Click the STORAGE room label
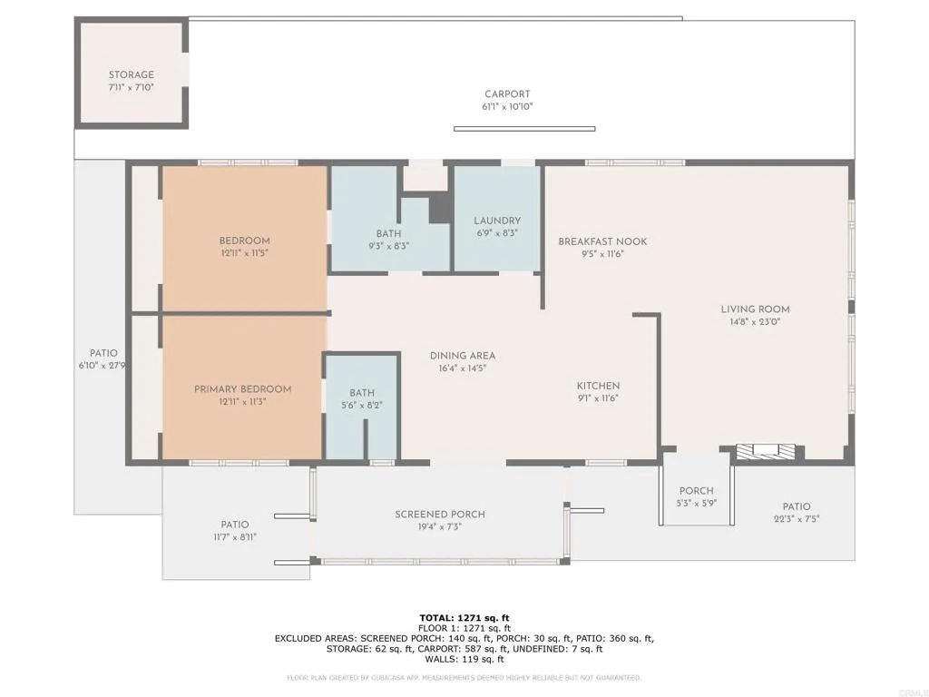click(132, 75)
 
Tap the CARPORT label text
click(507, 94)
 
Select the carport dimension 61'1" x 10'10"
click(507, 106)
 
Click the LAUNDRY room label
click(497, 221)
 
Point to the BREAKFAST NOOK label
click(602, 241)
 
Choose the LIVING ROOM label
click(755, 309)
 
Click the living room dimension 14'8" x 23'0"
click(755, 321)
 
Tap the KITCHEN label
click(599, 386)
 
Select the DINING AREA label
click(463, 356)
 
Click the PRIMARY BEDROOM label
click(243, 389)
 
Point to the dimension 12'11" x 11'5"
click(244, 253)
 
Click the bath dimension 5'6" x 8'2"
click(362, 406)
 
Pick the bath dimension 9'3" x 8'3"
click(388, 247)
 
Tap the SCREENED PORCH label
click(440, 515)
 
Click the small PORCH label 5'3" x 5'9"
click(697, 491)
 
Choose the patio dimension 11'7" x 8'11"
click(234, 537)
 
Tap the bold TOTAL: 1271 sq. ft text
click(464, 618)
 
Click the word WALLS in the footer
click(437, 660)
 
